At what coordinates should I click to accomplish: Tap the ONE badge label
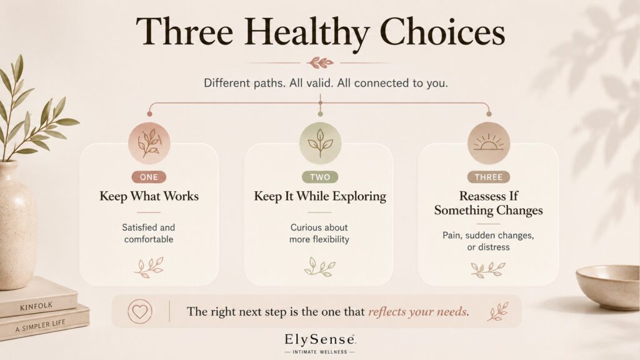pyautogui.click(x=149, y=177)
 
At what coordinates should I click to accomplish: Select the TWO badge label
pyautogui.click(x=320, y=177)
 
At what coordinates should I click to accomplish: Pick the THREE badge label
pyautogui.click(x=489, y=177)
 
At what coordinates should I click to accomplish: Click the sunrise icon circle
pyautogui.click(x=489, y=143)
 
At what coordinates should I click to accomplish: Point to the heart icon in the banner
pyautogui.click(x=139, y=311)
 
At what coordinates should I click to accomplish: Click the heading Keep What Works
pyautogui.click(x=149, y=196)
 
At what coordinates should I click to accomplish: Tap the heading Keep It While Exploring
pyautogui.click(x=320, y=196)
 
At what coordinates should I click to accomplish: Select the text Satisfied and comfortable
pyautogui.click(x=149, y=233)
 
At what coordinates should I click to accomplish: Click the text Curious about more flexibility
pyautogui.click(x=319, y=233)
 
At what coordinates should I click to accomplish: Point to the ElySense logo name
pyautogui.click(x=320, y=339)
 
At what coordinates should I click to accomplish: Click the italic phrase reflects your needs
pyautogui.click(x=418, y=312)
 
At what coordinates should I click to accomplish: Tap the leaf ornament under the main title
pyautogui.click(x=321, y=63)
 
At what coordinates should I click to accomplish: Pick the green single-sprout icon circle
pyautogui.click(x=320, y=143)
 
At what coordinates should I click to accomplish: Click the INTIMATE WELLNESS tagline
pyautogui.click(x=320, y=352)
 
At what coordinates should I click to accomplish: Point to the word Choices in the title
pyautogui.click(x=442, y=32)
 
